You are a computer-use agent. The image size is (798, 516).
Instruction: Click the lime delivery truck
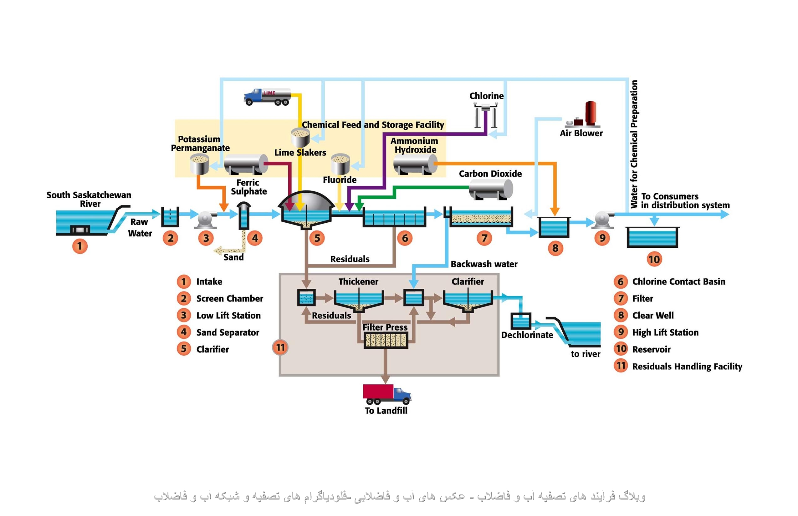point(267,97)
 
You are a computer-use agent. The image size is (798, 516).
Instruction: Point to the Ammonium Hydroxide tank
point(415,164)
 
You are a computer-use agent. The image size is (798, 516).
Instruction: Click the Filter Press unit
point(386,340)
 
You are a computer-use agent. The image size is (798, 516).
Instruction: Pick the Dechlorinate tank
point(520,321)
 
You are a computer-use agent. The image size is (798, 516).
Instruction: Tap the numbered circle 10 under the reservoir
point(654,259)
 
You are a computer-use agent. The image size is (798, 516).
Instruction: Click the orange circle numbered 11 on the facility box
point(280,347)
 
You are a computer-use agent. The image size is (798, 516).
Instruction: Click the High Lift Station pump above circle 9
point(602,219)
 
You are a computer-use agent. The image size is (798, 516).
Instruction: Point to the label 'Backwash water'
point(483,264)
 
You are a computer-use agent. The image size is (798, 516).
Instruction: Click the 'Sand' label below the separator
point(233,257)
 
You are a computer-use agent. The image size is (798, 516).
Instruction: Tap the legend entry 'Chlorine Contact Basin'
point(678,281)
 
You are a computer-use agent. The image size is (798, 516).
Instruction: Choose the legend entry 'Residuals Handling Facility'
point(687,366)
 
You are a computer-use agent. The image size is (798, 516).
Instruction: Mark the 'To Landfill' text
point(386,410)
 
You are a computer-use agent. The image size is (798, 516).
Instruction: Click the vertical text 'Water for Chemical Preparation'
point(634,144)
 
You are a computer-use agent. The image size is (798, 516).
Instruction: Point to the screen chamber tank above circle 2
point(170,217)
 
